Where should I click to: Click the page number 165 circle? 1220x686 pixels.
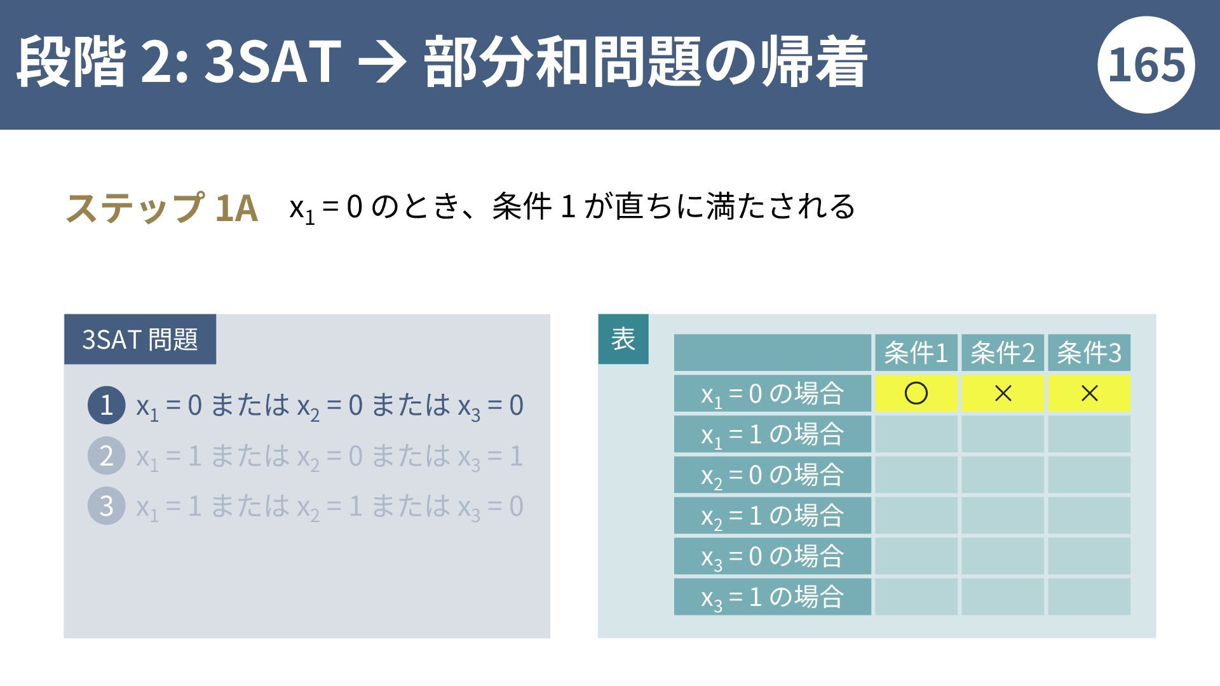[x=1146, y=65]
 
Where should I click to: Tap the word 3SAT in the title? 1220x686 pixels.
[x=273, y=62]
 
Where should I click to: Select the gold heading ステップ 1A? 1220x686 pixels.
[x=162, y=208]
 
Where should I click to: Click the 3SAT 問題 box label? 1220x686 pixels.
[x=140, y=339]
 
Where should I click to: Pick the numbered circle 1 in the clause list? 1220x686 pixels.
[x=106, y=405]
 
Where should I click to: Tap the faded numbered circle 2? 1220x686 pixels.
[x=106, y=456]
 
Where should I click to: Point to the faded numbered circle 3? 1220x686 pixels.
[x=106, y=506]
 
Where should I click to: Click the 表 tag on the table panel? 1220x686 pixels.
[x=623, y=339]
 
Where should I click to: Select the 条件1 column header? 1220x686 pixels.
[x=916, y=353]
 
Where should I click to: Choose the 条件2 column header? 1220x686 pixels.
[x=1003, y=353]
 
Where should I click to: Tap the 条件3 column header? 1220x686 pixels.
[x=1089, y=353]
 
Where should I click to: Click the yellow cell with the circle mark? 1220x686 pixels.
[x=916, y=393]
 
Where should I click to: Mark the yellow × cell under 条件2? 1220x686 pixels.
[x=1003, y=393]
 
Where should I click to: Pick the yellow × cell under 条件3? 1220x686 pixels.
[x=1089, y=393]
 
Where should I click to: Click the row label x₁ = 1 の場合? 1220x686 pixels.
[x=773, y=434]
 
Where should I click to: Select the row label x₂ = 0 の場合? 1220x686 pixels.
[x=773, y=474]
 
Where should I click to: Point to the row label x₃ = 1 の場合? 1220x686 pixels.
[x=773, y=596]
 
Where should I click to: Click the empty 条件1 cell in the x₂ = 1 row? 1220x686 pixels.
[x=916, y=515]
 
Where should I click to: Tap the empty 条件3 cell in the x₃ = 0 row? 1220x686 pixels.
[x=1089, y=556]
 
